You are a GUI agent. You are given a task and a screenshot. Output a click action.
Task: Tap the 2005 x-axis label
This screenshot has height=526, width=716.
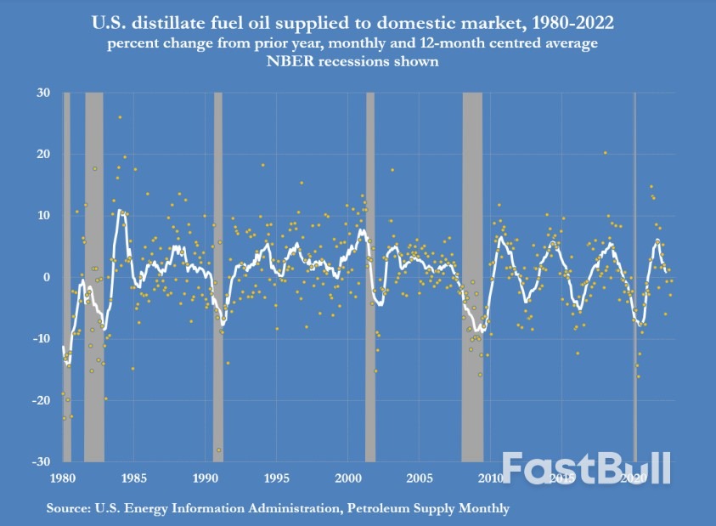[x=419, y=479]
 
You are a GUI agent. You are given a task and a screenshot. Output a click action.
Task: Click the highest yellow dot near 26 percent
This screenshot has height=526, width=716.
[x=120, y=117]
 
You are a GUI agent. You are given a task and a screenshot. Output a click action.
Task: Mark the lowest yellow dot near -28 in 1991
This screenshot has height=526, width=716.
[x=219, y=450]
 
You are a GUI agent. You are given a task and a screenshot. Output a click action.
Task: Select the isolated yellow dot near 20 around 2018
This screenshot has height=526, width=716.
[x=605, y=153]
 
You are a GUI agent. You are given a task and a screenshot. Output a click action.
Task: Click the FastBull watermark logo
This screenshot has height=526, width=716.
[x=586, y=468]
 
